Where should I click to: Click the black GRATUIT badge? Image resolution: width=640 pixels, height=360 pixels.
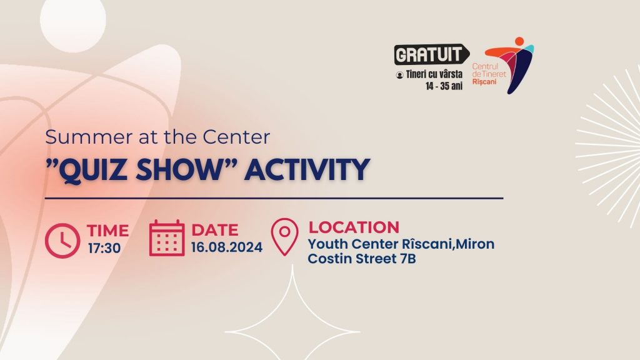click(431, 54)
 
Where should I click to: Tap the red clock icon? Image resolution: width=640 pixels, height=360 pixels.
click(62, 241)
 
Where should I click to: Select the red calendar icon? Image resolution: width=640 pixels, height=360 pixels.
click(166, 238)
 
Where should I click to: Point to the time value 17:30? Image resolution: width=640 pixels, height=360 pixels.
click(104, 248)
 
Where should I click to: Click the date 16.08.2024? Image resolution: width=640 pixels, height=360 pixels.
click(226, 247)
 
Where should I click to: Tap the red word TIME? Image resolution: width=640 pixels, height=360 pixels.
click(107, 231)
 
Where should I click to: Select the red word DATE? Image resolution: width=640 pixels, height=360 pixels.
click(215, 230)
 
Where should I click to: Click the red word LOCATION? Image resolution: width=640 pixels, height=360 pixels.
click(354, 227)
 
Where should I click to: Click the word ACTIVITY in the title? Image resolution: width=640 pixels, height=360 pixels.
click(307, 169)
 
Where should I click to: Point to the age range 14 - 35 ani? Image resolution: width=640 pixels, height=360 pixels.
click(444, 86)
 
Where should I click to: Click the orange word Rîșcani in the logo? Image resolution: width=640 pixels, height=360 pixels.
click(484, 82)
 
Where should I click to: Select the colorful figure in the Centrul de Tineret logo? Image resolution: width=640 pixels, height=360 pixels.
click(510, 65)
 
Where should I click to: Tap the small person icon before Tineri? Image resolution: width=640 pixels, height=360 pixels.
click(399, 75)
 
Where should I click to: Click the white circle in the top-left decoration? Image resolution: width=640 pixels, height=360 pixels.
click(72, 21)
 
